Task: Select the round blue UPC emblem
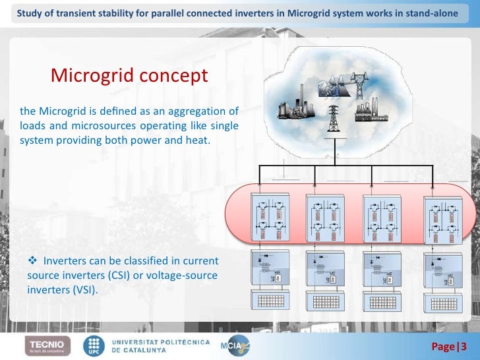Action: click(x=93, y=345)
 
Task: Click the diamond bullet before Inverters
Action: click(x=33, y=261)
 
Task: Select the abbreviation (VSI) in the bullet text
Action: click(x=81, y=287)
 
